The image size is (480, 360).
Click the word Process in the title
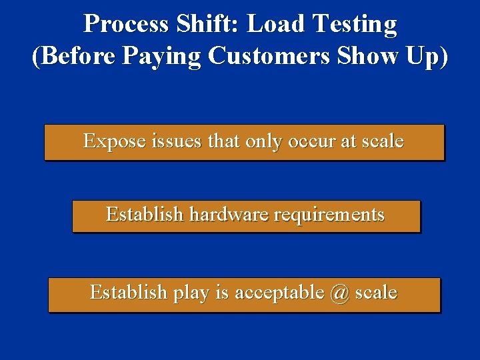coord(126,24)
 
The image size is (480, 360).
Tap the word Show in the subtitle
coord(364,56)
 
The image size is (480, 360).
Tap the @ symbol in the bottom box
coord(339,293)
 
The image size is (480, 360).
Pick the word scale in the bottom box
coord(376,293)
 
